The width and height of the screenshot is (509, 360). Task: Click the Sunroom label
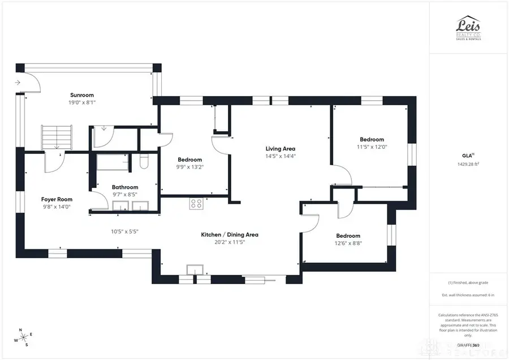pos(82,95)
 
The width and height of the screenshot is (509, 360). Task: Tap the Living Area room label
pos(281,149)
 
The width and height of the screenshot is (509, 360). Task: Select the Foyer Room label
pos(57,199)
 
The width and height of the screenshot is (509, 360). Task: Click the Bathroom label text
pos(125,187)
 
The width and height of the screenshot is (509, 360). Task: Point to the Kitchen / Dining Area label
pos(230,234)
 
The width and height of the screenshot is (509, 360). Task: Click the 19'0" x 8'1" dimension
pos(82,103)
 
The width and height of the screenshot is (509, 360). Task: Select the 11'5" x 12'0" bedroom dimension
pos(372,147)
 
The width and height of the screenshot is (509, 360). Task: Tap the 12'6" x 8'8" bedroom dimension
pos(348,243)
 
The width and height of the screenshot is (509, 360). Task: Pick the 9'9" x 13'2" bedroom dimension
pos(190,167)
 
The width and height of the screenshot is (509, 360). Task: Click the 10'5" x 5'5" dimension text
pos(123,231)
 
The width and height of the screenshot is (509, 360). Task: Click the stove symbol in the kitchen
pos(196,203)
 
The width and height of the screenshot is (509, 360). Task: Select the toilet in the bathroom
pos(144,162)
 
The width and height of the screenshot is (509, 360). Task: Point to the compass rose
pos(23,337)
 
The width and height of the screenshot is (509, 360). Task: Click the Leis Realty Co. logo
pos(469,27)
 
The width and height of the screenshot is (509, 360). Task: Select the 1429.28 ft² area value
pos(468,164)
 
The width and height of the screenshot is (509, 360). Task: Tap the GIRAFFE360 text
pos(468,344)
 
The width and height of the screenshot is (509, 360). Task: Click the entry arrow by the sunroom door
pos(19,83)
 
